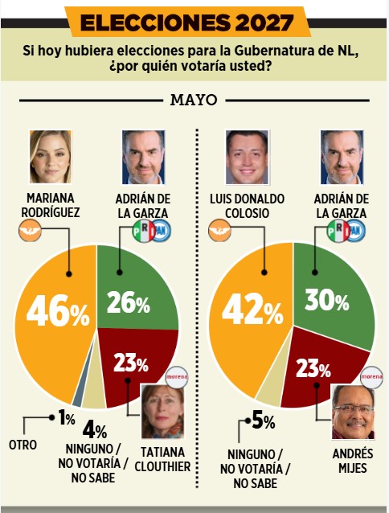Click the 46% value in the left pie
point(58,310)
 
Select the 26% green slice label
point(129,302)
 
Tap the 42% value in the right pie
point(252,309)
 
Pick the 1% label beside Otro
point(67,418)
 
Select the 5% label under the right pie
point(264,421)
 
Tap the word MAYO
point(194,101)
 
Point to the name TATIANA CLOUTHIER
point(162,459)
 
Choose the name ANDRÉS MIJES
point(353,461)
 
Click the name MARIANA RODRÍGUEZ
point(51,205)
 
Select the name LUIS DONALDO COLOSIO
point(247,206)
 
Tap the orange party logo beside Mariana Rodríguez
point(30,230)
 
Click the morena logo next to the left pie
point(177,376)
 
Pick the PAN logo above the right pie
point(356,231)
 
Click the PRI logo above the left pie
point(144,231)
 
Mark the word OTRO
point(23,445)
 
